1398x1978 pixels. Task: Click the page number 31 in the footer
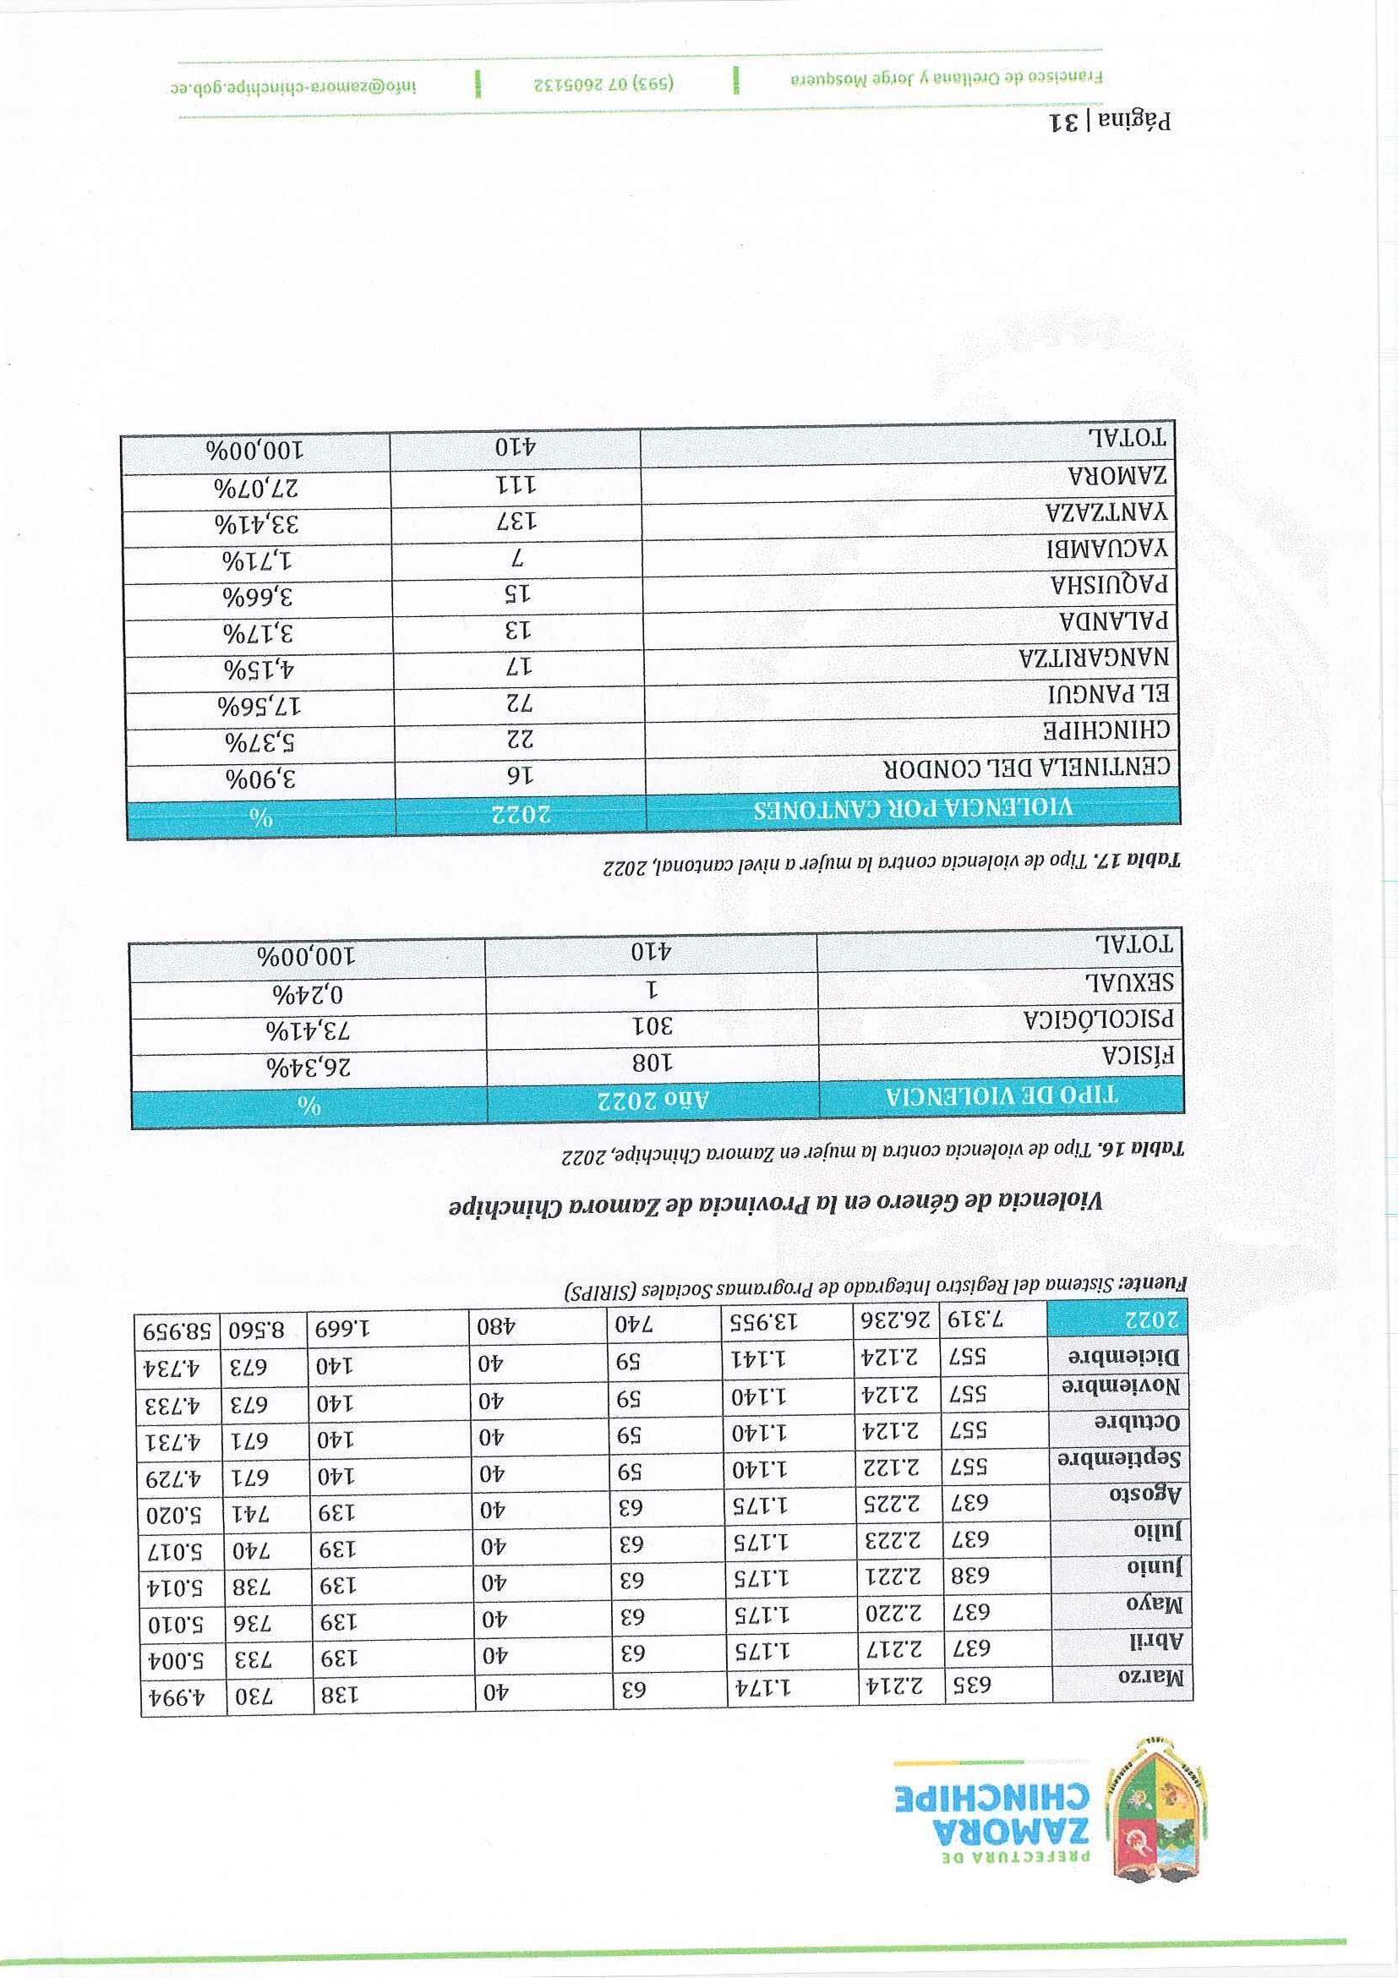click(x=1066, y=122)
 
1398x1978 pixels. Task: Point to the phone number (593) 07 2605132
click(x=603, y=86)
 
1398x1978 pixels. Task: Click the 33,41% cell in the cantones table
click(x=257, y=523)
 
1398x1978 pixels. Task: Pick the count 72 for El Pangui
click(x=520, y=702)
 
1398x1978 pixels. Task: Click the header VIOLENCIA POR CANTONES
click(x=913, y=809)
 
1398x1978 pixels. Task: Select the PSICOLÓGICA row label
click(x=1099, y=1020)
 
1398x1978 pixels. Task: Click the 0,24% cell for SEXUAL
click(x=308, y=993)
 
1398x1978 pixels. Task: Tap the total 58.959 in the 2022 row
click(x=176, y=1331)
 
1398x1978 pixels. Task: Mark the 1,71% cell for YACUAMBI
click(x=257, y=560)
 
